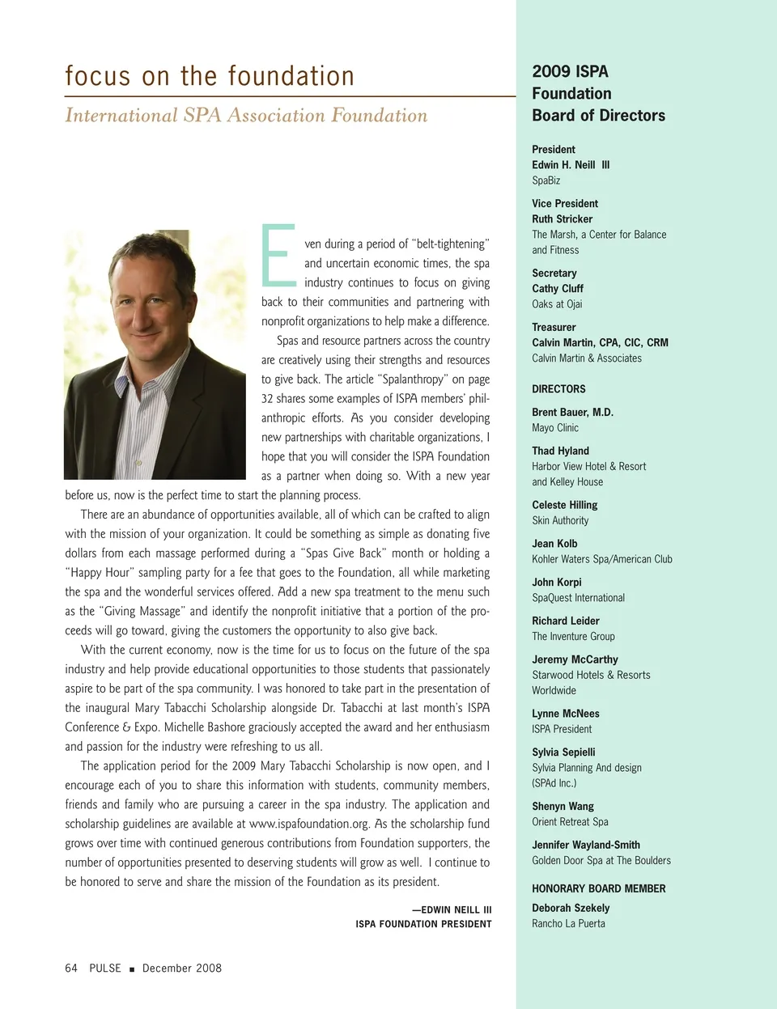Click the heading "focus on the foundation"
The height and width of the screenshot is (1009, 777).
coord(210,76)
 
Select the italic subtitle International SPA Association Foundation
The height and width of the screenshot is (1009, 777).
coord(246,116)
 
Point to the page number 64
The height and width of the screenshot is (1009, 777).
coord(71,968)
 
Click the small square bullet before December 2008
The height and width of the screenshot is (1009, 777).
coord(132,969)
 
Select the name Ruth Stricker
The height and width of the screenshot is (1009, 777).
coord(562,219)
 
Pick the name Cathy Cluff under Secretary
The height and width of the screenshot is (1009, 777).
coord(557,289)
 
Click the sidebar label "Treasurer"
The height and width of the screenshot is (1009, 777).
coord(554,328)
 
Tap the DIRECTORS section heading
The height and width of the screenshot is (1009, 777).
coord(558,389)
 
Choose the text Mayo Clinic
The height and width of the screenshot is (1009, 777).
coord(555,428)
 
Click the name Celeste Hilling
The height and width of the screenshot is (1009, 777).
coord(564,505)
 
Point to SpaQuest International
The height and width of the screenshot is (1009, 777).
coord(578,598)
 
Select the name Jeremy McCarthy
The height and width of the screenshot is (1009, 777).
coord(575,659)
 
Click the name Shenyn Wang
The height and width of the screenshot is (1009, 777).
coord(563,807)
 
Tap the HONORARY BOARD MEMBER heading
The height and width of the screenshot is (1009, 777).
coord(598,888)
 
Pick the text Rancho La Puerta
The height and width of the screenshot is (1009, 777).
coord(568,923)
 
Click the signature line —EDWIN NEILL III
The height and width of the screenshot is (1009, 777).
coord(452,909)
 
